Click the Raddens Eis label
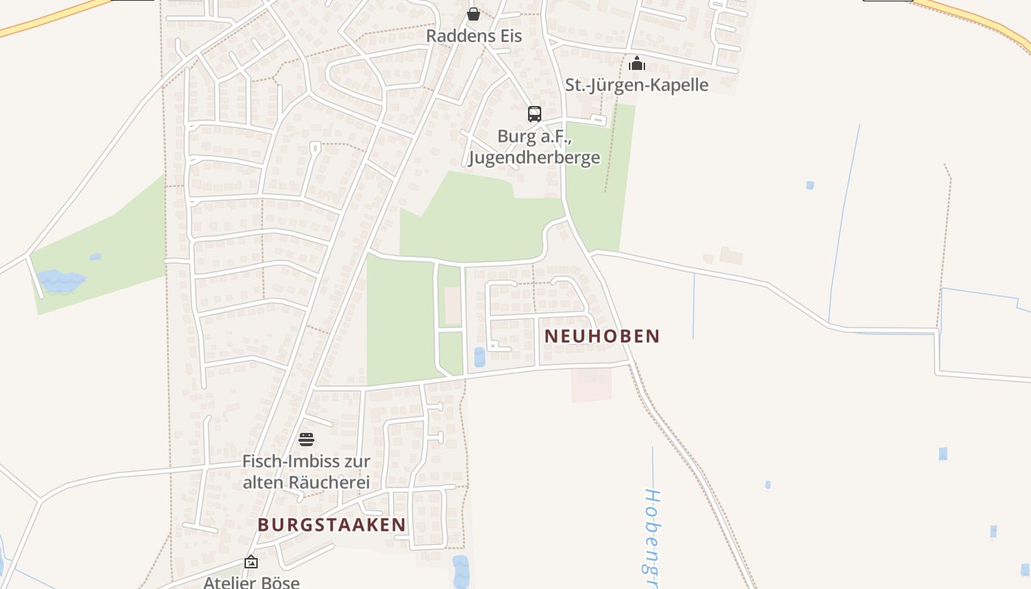[x=474, y=36]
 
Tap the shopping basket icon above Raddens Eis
[x=474, y=14]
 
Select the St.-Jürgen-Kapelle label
[x=636, y=85]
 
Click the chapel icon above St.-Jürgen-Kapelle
[x=637, y=63]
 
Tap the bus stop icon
[x=535, y=113]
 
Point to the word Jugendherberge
[x=534, y=158]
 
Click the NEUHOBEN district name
[x=602, y=336]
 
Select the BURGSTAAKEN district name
[x=331, y=524]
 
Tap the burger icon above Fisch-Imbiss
[x=306, y=440]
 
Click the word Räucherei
[x=326, y=482]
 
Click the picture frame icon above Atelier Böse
[x=251, y=562]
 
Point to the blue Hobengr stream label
[x=650, y=530]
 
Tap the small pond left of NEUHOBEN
[x=480, y=357]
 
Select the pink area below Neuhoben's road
[x=591, y=384]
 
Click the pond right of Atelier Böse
[x=460, y=571]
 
